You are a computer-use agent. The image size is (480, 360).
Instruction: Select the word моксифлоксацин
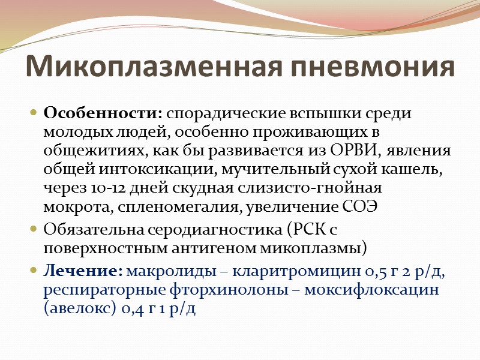(376, 290)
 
